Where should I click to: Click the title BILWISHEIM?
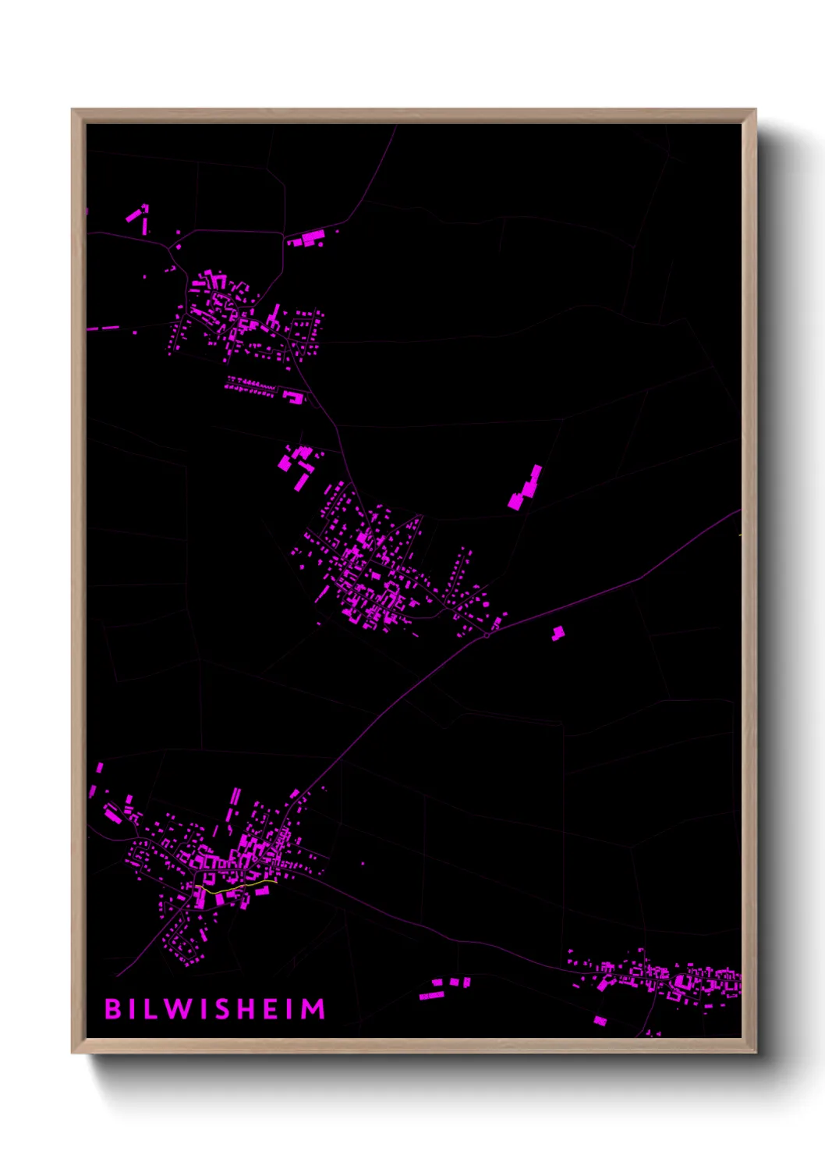215,1009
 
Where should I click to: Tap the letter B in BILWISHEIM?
112,1009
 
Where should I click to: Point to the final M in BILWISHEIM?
313,1009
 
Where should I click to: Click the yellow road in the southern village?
234,887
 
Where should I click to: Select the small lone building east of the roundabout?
558,633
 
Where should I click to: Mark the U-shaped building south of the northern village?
294,398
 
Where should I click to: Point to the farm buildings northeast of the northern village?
310,237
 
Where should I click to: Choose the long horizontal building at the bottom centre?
430,995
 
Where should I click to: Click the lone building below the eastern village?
600,1020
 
